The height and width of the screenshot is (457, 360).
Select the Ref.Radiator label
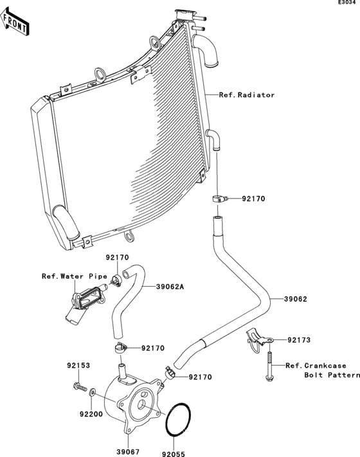click(x=247, y=95)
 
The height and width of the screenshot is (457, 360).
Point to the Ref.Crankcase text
click(x=312, y=364)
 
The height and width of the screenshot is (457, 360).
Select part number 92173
click(x=299, y=339)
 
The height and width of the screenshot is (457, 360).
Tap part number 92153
click(x=77, y=366)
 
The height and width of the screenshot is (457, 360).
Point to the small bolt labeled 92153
click(x=79, y=388)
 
